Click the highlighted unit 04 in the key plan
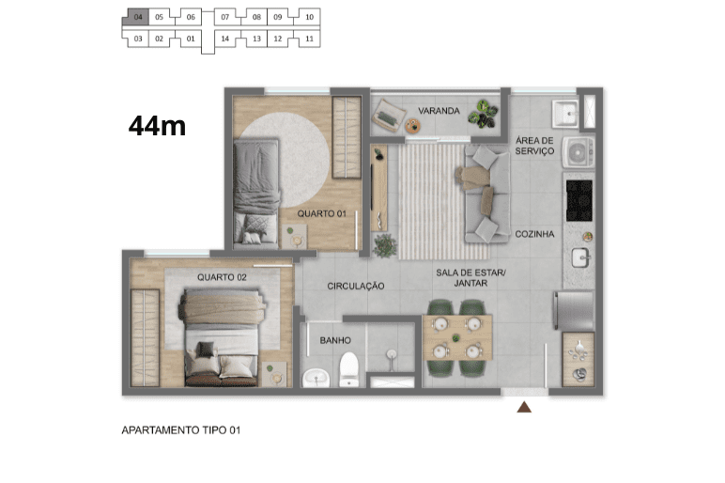(137, 17)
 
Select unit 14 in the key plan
(224, 39)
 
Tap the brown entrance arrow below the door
(524, 407)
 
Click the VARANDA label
(439, 111)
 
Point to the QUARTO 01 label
(322, 213)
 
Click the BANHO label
(335, 340)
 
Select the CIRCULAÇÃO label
(356, 287)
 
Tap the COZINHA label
(534, 234)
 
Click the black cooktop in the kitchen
(579, 200)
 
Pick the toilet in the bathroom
(349, 369)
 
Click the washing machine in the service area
(578, 151)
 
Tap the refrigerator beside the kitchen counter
(574, 310)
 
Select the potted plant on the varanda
(484, 114)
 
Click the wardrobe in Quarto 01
(347, 137)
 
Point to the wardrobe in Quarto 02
(146, 337)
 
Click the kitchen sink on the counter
(580, 257)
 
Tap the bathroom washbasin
(316, 378)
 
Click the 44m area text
(157, 126)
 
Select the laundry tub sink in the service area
(565, 114)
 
